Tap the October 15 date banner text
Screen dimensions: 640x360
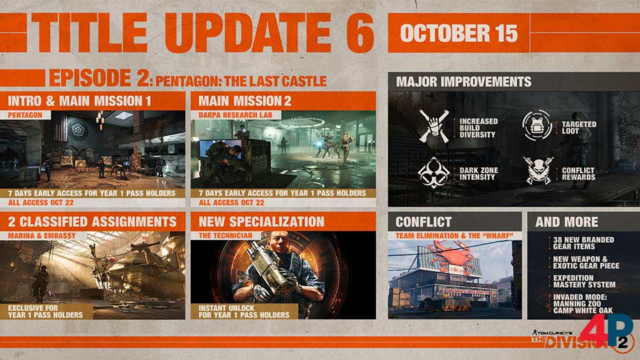[459, 33]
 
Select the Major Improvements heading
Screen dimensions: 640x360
[464, 81]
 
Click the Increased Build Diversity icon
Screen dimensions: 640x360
[434, 127]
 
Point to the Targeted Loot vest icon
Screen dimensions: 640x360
[537, 126]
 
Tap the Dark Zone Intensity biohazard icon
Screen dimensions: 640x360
[433, 173]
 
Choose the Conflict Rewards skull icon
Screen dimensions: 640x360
[539, 171]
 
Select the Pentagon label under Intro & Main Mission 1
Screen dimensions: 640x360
[25, 115]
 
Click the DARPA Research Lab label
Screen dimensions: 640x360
[235, 115]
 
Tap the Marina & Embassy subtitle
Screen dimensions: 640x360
[41, 236]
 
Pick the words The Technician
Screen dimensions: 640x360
[225, 236]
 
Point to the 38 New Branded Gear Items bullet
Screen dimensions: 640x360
[583, 243]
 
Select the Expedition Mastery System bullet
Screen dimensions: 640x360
[584, 281]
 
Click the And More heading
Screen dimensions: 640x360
[567, 222]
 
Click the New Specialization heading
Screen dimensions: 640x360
[261, 221]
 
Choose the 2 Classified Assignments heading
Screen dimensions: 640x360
[92, 221]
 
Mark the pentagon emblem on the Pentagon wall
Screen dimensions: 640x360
[77, 129]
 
